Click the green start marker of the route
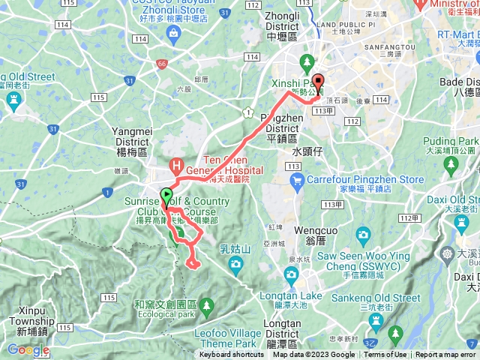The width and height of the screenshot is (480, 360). coord(165,194)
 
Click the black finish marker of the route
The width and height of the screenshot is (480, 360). coord(318,82)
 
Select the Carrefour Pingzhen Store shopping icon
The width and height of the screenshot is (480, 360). coord(297,179)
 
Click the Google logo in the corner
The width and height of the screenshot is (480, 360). coord(28,349)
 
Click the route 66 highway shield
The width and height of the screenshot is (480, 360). coord(161,64)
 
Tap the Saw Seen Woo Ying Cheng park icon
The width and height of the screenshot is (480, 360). coord(363,235)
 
